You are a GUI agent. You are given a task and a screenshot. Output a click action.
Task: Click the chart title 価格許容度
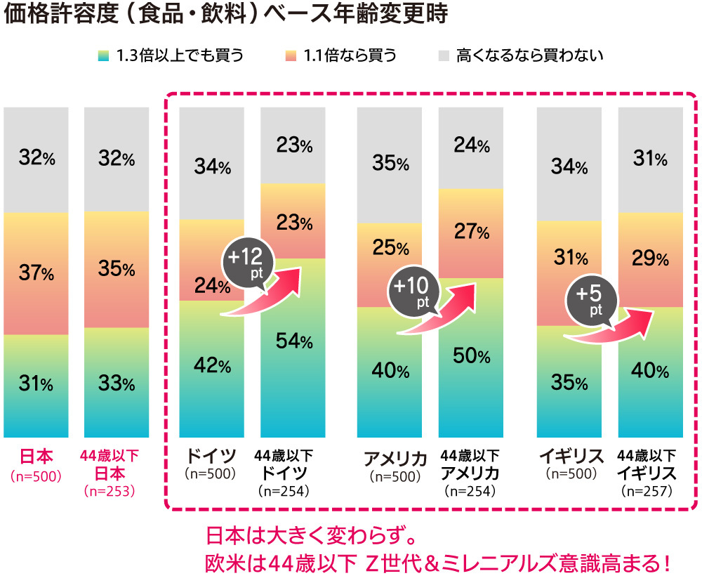225,15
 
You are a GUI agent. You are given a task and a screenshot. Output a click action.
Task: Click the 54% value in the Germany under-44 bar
293,342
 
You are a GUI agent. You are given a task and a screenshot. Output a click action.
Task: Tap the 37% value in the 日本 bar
36,273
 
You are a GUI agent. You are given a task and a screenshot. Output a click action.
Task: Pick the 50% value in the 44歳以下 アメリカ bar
471,355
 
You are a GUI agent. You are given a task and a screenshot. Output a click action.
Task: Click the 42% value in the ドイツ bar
212,366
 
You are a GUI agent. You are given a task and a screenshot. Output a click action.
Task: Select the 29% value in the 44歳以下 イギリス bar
650,259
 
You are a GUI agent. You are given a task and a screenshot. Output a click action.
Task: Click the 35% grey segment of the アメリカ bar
390,164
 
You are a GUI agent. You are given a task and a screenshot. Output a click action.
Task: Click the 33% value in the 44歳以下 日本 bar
117,384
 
